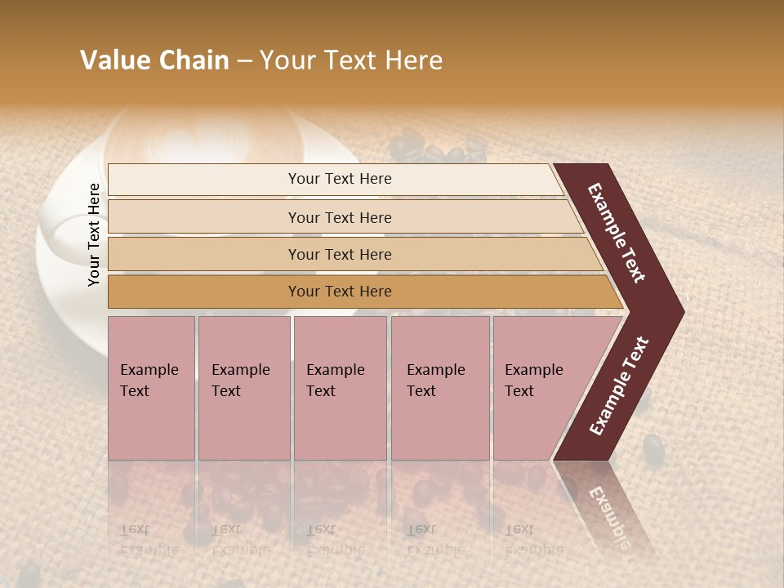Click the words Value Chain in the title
(154, 60)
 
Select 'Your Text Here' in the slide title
(351, 60)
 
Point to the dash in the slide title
(244, 61)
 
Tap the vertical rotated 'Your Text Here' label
(94, 235)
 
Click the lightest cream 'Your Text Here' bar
(339, 179)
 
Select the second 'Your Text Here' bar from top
(339, 217)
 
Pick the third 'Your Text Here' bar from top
(339, 254)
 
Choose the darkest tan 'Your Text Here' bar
(339, 292)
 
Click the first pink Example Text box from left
(151, 387)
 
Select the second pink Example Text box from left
(243, 387)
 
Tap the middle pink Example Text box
(340, 387)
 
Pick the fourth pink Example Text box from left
(439, 387)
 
